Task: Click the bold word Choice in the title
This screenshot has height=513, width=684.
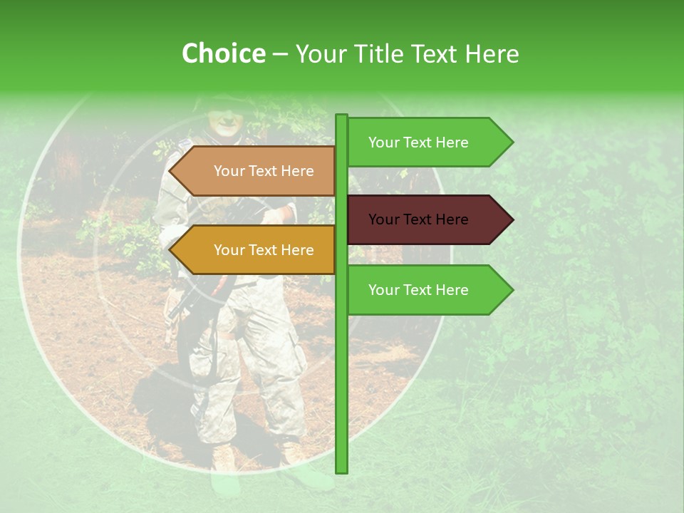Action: [x=223, y=54]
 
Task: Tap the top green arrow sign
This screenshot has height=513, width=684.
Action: [x=427, y=142]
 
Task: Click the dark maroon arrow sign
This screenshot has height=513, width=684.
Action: [x=427, y=219]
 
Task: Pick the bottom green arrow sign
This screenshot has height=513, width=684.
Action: [x=427, y=290]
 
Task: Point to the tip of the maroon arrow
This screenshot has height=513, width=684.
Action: [x=512, y=219]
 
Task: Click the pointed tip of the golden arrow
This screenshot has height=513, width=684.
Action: [x=170, y=250]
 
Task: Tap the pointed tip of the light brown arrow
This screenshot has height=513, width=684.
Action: [x=170, y=171]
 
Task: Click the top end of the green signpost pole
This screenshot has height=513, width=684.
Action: [x=342, y=116]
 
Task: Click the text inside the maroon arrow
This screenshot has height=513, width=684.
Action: [x=418, y=219]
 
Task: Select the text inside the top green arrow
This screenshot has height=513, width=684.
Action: [x=418, y=142]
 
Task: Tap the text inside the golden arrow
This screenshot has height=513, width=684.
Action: [x=264, y=250]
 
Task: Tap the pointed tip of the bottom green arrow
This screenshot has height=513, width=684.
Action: [x=512, y=290]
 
